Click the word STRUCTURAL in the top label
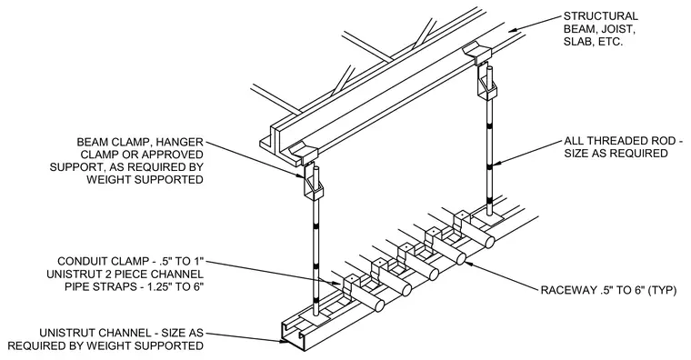pyautogui.click(x=601, y=16)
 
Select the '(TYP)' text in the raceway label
pyautogui.click(x=662, y=290)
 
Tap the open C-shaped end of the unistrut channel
pyautogui.click(x=292, y=335)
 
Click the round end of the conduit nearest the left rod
pyautogui.click(x=379, y=305)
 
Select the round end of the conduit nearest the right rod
pyautogui.click(x=489, y=242)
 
